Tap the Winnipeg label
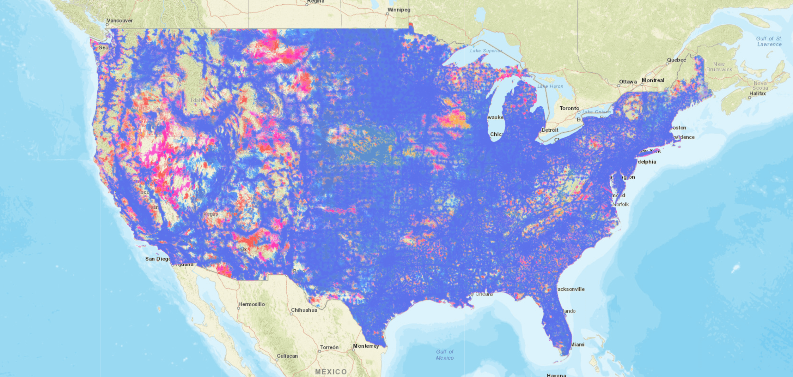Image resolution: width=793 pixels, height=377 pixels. coord(399,10)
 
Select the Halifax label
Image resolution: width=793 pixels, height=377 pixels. coord(757,94)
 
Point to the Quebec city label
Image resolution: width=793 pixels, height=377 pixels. coord(676,60)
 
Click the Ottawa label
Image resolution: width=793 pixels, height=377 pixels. coord(628,82)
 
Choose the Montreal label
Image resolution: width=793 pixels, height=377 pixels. coord(653,80)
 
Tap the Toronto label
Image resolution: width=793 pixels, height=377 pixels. coord(569,108)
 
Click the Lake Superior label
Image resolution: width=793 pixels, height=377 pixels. coord(485,51)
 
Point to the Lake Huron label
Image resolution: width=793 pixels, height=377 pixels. coord(550,86)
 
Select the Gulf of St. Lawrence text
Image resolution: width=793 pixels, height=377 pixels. coord(769,41)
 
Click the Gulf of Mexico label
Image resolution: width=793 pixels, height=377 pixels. coord(444,355)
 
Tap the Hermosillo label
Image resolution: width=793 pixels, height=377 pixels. coord(252,304)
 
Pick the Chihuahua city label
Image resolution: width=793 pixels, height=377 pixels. coord(304,310)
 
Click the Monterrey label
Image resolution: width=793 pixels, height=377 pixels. coord(366,346)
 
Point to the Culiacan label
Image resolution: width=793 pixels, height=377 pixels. coord(287,356)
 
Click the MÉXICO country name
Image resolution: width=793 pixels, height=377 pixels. coord(331,372)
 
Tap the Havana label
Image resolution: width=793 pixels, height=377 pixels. coord(556,375)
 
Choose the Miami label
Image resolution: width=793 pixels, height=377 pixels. coord(577,344)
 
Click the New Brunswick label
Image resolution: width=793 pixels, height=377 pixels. coord(719,67)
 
